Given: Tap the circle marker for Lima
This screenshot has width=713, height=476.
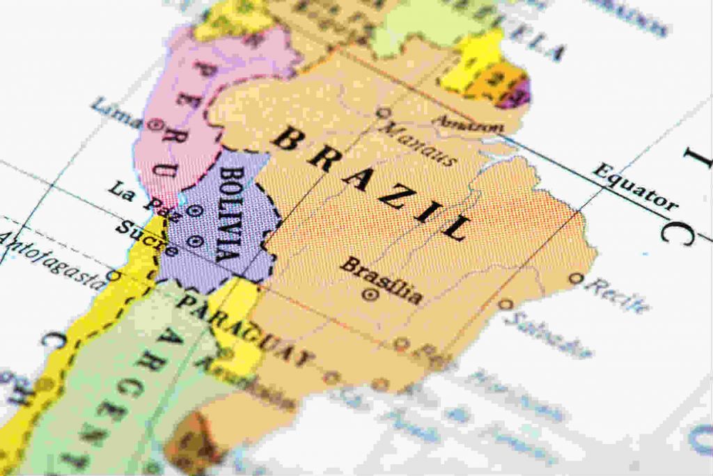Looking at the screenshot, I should coord(157,125).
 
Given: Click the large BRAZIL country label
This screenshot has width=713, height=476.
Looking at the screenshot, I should coord(369,184).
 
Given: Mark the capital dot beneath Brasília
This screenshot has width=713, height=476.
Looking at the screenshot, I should coord(370,295).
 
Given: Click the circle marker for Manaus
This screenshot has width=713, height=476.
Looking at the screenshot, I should coord(382,112).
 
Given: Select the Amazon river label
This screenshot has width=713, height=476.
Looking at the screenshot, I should coord(468,125).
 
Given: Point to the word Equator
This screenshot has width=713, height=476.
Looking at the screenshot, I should coord(633,188).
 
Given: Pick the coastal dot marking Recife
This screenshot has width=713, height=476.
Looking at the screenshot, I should coord(575,278).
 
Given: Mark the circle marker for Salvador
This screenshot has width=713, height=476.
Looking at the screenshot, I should coord(505,304).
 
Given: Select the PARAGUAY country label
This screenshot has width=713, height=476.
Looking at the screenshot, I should coord(244,328).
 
